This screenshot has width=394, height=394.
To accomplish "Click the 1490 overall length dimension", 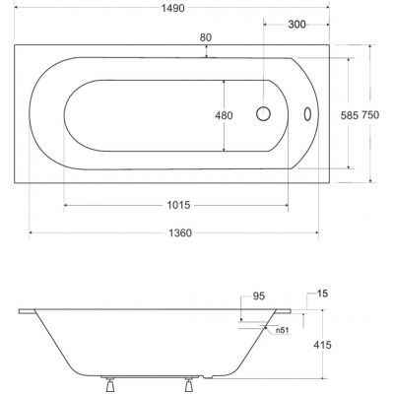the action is point(173,8).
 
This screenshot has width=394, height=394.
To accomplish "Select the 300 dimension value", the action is point(296,25).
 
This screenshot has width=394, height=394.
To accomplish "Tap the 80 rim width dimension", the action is point(206,37).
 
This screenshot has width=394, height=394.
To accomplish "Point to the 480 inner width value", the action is point(224,115).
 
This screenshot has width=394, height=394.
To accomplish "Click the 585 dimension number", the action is point(349,115).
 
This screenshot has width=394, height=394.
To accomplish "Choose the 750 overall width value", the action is point(370,115).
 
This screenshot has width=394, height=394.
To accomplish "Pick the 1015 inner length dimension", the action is point(178,205).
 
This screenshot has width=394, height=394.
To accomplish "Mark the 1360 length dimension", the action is point(180,233).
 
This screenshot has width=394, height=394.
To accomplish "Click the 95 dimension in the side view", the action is point(259,296).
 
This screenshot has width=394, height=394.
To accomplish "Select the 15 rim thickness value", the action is point(322,294).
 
